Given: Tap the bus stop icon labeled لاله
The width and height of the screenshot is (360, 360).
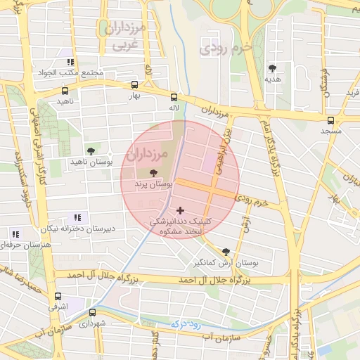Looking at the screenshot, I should (174, 98).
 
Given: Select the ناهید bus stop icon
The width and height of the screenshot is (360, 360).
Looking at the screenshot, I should (65, 91).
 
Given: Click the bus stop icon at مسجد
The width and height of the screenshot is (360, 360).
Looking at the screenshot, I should (330, 120).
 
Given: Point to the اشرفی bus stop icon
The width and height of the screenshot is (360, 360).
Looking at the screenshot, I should (58, 296).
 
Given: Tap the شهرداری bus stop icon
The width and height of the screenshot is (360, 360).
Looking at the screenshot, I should (91, 312).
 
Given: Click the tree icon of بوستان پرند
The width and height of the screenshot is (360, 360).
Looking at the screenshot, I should (154, 172).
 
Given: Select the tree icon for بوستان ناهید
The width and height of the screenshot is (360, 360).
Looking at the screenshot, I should (91, 150).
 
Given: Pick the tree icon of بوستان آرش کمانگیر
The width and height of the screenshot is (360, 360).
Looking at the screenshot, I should (226, 251).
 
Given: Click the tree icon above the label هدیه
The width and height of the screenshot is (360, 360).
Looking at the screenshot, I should (272, 68).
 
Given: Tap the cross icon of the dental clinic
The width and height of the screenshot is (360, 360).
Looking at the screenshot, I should (181, 210).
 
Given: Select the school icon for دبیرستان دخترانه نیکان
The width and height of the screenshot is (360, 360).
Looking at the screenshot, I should (77, 218).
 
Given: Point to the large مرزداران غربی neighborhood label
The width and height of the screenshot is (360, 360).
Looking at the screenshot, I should (126, 37).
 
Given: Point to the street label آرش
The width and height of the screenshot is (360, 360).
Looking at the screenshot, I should (245, 223).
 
